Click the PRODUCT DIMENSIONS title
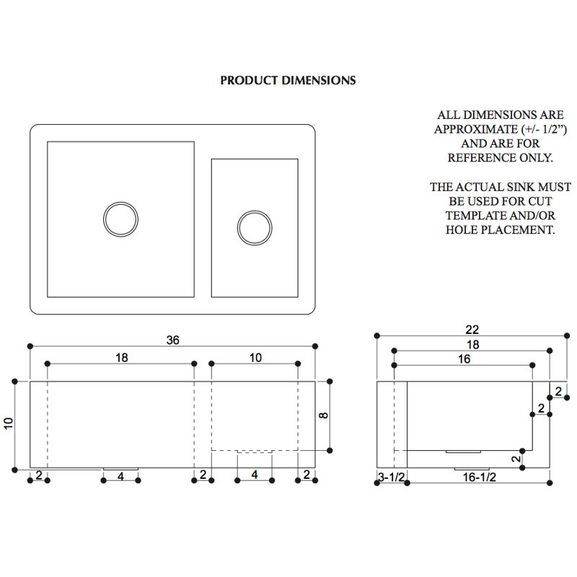click(288, 81)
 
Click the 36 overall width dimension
click(172, 340)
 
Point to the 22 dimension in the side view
click(472, 330)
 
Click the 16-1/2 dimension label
click(480, 477)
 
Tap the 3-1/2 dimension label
click(391, 477)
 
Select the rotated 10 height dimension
click(9, 423)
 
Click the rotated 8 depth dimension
click(323, 415)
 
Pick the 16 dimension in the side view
click(464, 358)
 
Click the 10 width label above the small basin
click(255, 357)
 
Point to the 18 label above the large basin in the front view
click(121, 357)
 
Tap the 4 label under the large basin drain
click(120, 477)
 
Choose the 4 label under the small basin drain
click(255, 475)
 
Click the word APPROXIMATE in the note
click(476, 130)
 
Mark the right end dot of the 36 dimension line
click(315, 346)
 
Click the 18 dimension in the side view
click(473, 345)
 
